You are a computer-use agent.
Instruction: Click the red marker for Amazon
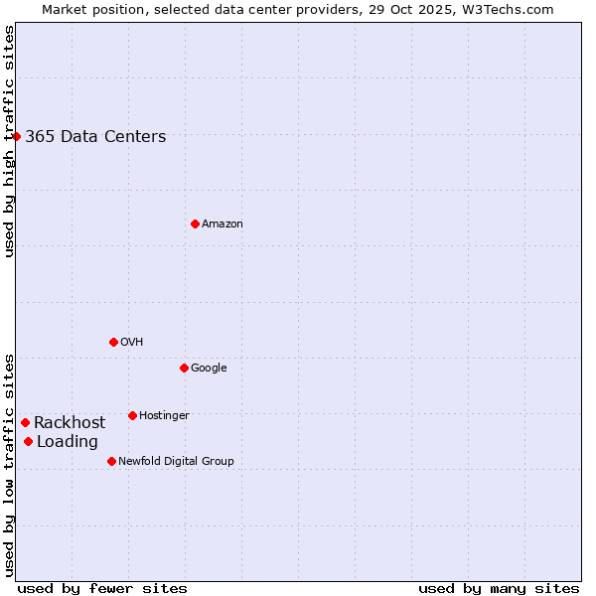195,223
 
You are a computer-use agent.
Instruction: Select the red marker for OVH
113,342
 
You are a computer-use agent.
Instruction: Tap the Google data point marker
184,368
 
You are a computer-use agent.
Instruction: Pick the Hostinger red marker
132,415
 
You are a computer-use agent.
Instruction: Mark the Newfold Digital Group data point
111,461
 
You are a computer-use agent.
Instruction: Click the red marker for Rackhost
25,422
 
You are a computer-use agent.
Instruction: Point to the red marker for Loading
28,441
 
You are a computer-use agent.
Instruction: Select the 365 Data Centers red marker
17,136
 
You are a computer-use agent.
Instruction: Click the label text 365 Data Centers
95,137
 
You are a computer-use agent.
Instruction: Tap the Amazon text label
223,224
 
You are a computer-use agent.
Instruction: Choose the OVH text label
132,343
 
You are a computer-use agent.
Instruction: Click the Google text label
209,369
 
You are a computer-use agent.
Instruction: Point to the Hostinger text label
164,416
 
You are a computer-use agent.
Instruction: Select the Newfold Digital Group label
176,461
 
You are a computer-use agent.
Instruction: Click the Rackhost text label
70,423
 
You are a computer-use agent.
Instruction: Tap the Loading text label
68,442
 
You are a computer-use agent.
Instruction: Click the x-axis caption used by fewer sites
102,588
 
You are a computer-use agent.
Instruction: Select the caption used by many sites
499,588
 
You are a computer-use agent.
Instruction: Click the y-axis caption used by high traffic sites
10,141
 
